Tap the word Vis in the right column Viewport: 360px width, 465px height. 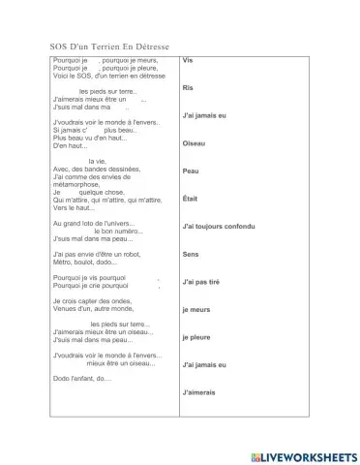[188, 60]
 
